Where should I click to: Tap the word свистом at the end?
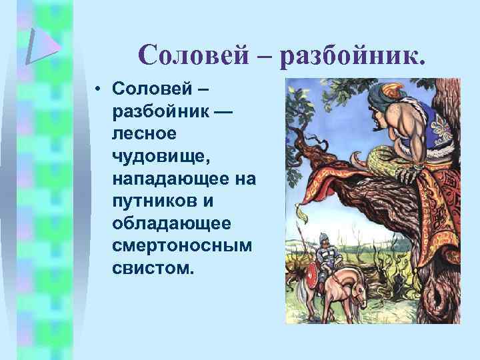(x=153, y=269)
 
